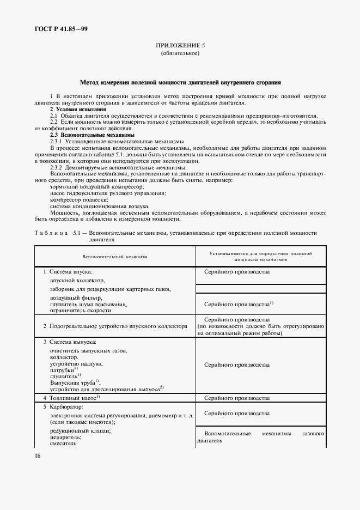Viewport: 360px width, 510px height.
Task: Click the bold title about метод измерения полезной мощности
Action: pos(180,83)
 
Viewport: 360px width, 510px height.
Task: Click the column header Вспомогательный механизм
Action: pos(115,256)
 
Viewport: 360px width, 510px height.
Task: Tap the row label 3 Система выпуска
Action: pos(70,342)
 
